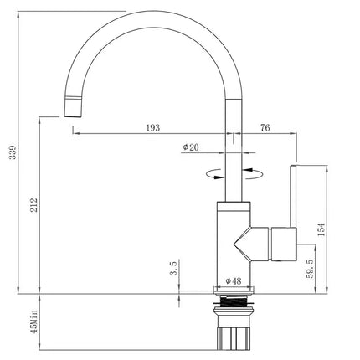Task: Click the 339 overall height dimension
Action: pyautogui.click(x=13, y=152)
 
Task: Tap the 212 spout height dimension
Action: pyautogui.click(x=34, y=205)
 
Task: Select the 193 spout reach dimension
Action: pyautogui.click(x=153, y=128)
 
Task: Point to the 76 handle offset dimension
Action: pyautogui.click(x=265, y=127)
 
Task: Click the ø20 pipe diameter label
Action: pyautogui.click(x=191, y=147)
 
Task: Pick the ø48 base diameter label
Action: pyautogui.click(x=234, y=281)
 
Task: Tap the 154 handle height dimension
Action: pyautogui.click(x=321, y=229)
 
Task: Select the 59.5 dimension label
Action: pyautogui.click(x=310, y=269)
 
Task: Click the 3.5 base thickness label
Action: pyautogui.click(x=173, y=268)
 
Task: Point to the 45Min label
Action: pyautogui.click(x=34, y=321)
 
